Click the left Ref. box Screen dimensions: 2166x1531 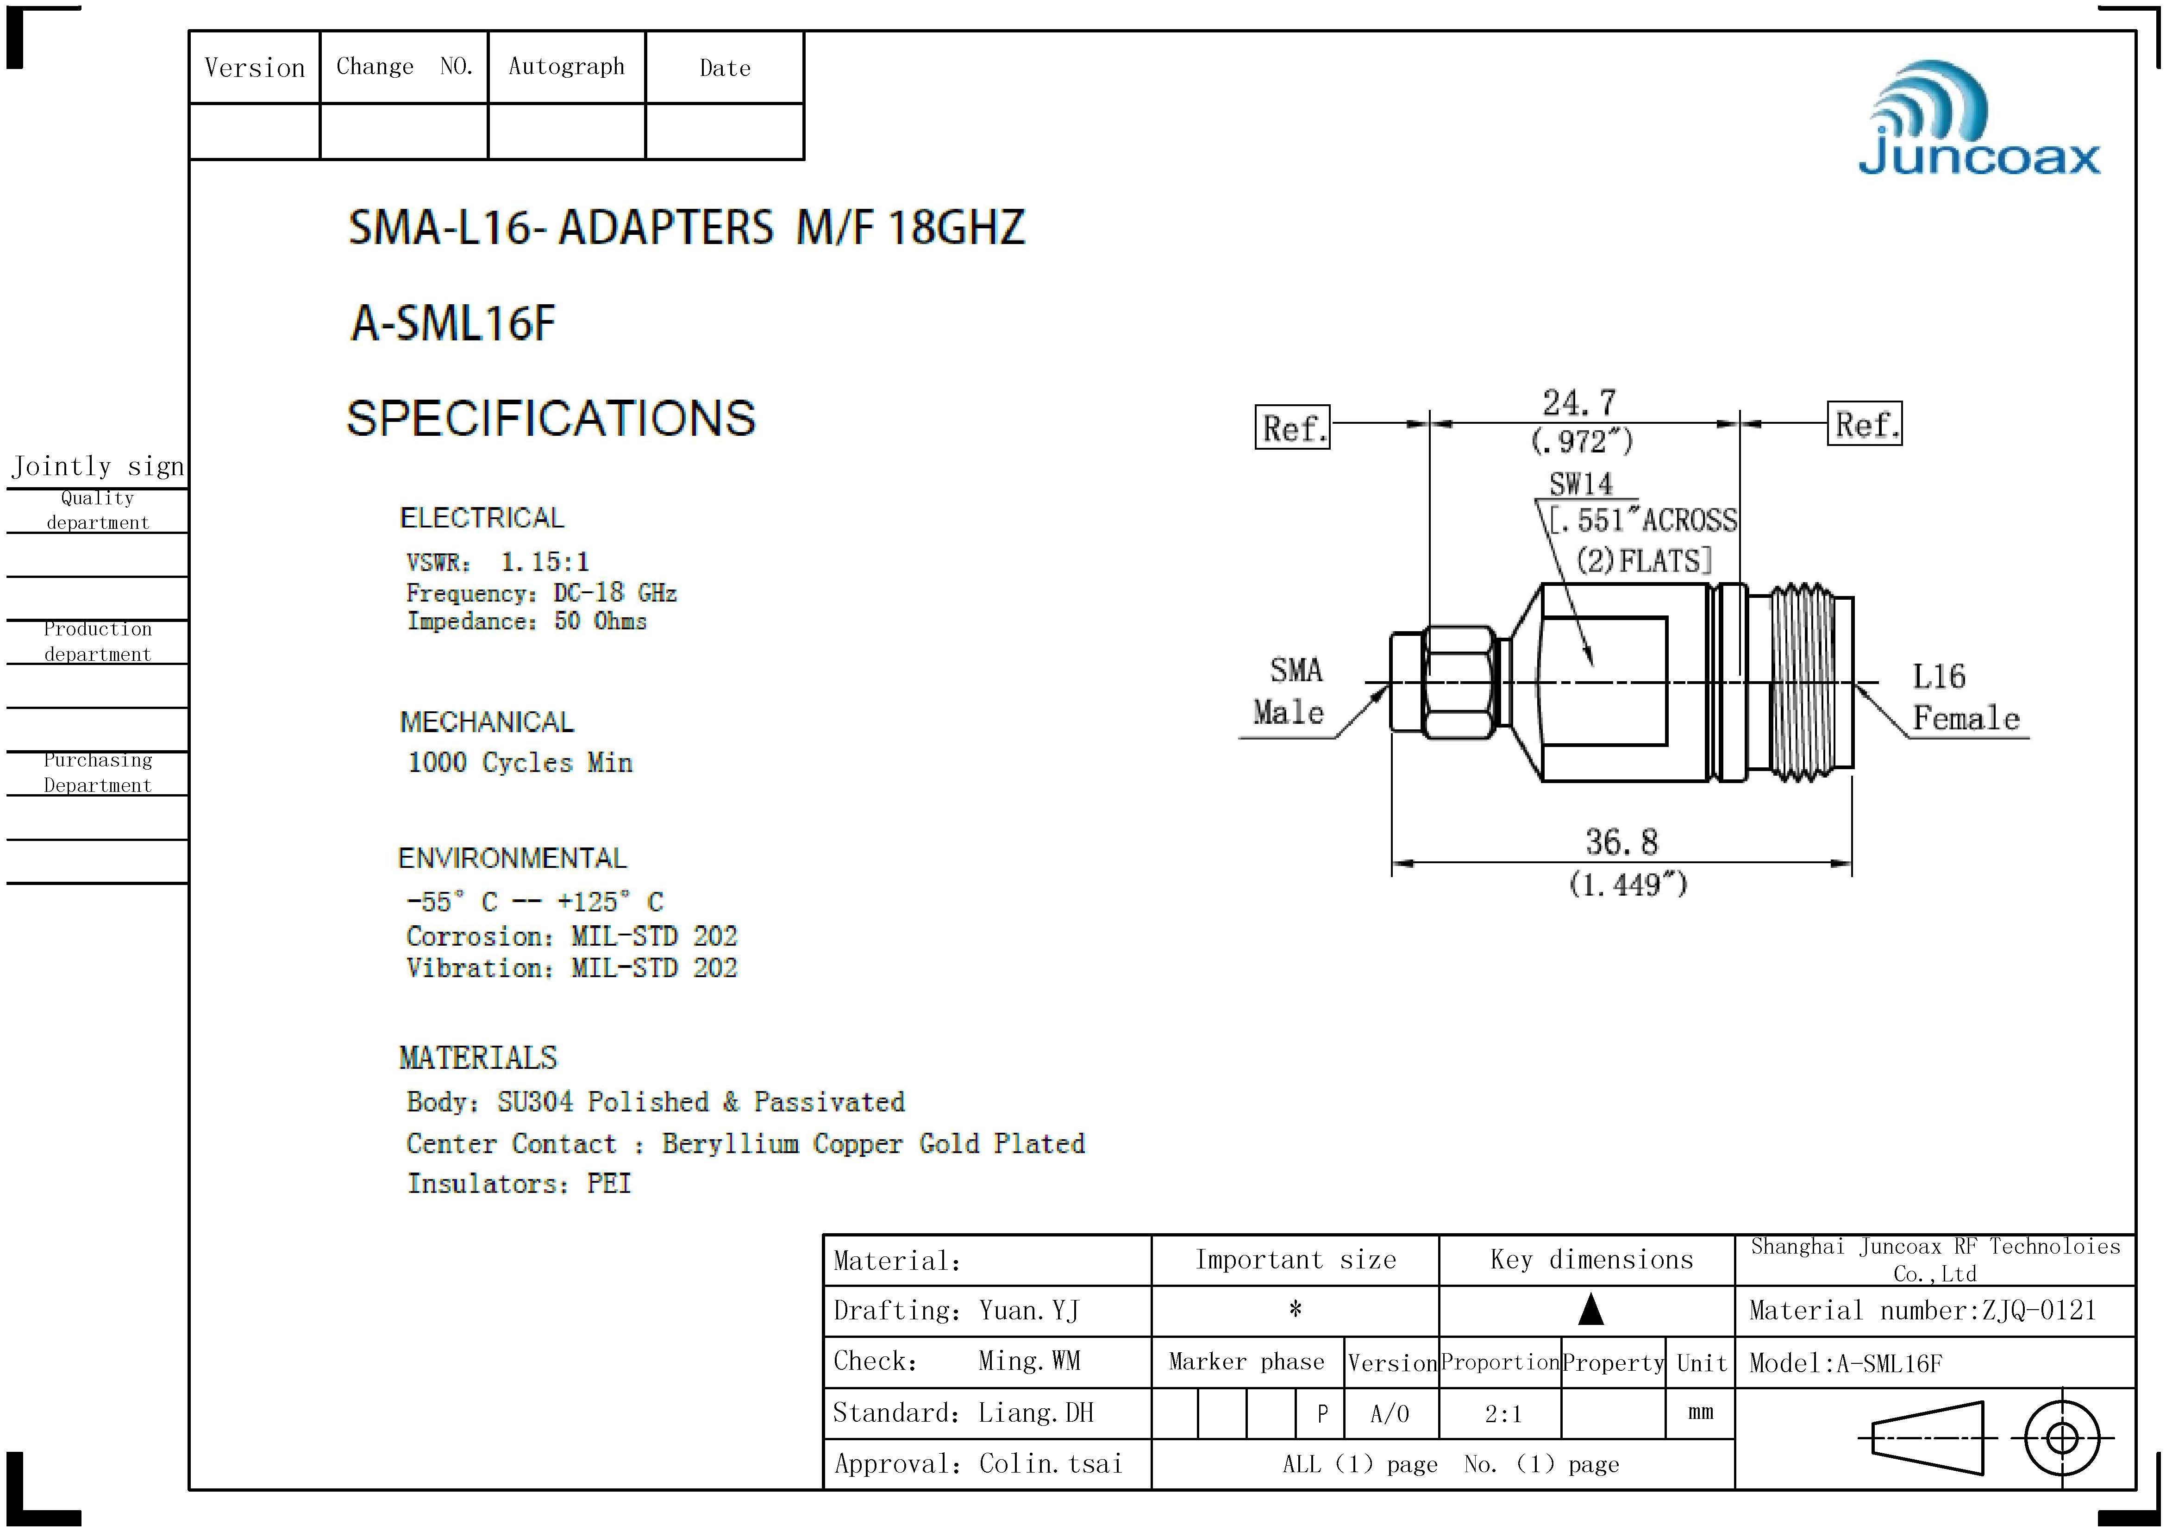(1292, 427)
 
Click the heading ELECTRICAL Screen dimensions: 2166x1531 (482, 518)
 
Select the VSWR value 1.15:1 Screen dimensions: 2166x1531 (545, 562)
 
